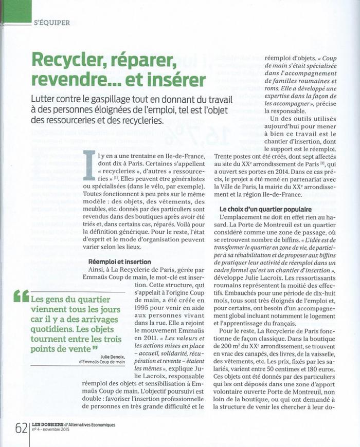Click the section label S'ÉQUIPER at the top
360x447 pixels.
(x=51, y=23)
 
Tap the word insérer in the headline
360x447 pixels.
(x=176, y=80)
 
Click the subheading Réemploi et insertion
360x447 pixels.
(x=120, y=262)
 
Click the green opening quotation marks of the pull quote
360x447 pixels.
(x=22, y=296)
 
